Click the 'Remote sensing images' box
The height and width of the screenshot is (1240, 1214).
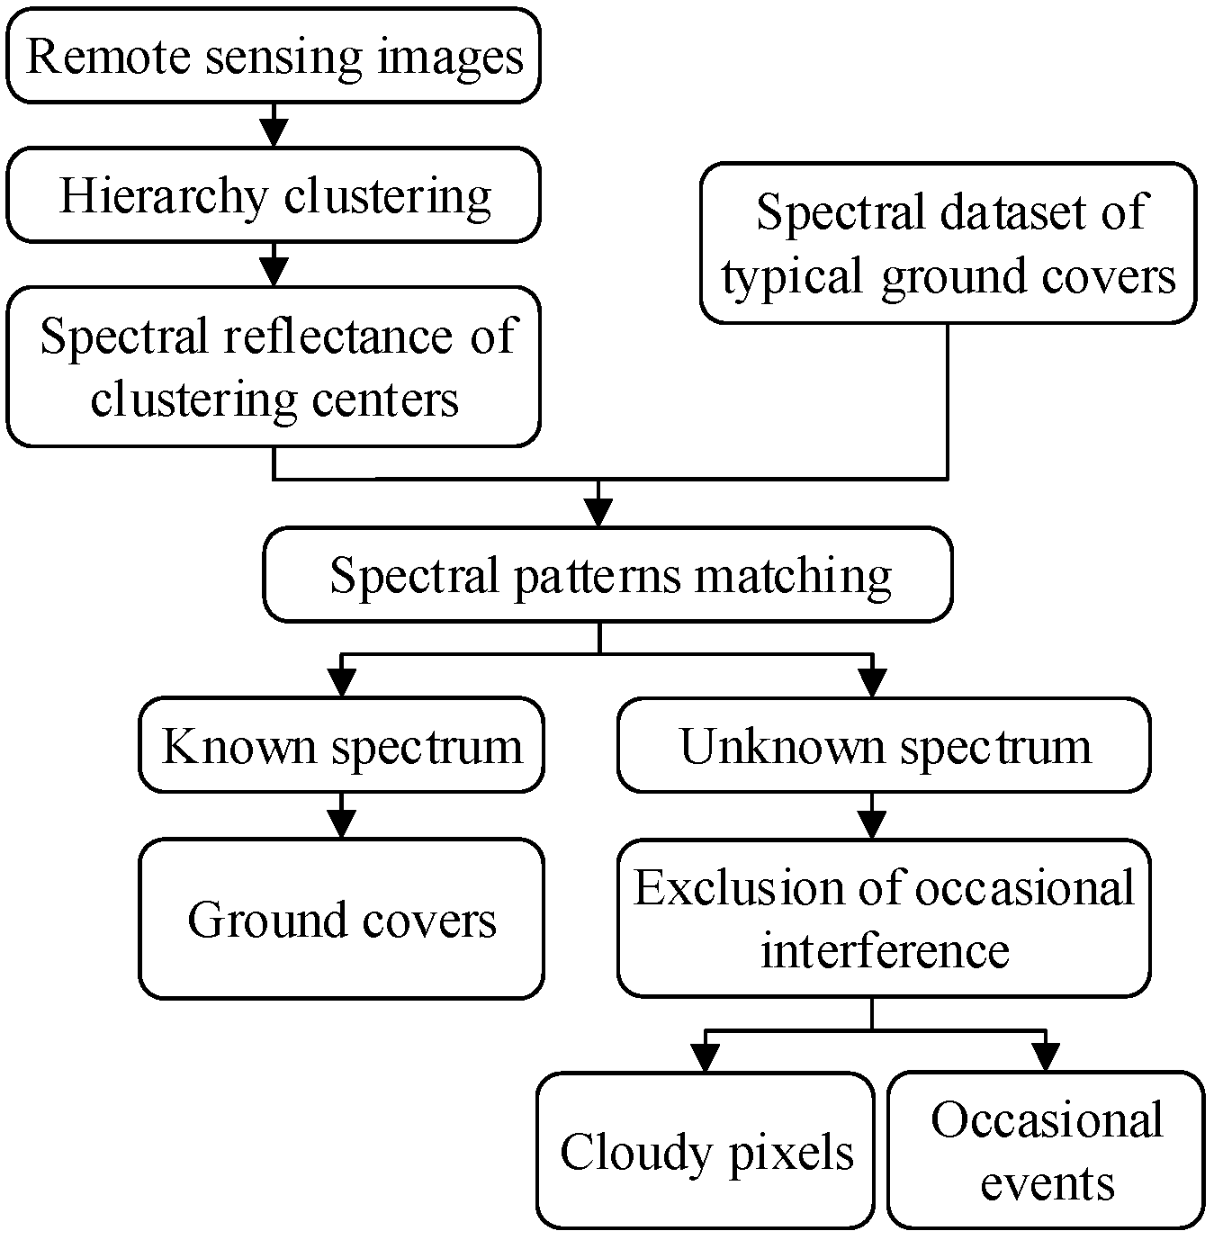tap(274, 56)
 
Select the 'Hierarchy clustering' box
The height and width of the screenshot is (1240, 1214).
tap(274, 195)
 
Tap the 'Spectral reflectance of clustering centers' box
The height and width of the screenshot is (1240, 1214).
tap(274, 366)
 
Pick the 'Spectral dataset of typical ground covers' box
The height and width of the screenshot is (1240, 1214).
tap(948, 243)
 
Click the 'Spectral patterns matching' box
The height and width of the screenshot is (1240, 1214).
tap(607, 574)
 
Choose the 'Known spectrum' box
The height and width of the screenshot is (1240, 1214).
tap(341, 746)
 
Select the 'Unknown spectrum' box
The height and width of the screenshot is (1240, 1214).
tap(883, 746)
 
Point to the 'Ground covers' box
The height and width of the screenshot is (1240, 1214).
tap(341, 919)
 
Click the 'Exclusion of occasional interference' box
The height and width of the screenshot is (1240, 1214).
tap(883, 919)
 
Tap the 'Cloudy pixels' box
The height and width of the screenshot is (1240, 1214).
tap(706, 1150)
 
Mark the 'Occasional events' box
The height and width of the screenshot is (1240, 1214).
tap(1046, 1150)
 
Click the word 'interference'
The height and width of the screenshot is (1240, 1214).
tap(885, 950)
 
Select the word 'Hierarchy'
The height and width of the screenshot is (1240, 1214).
tap(163, 196)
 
